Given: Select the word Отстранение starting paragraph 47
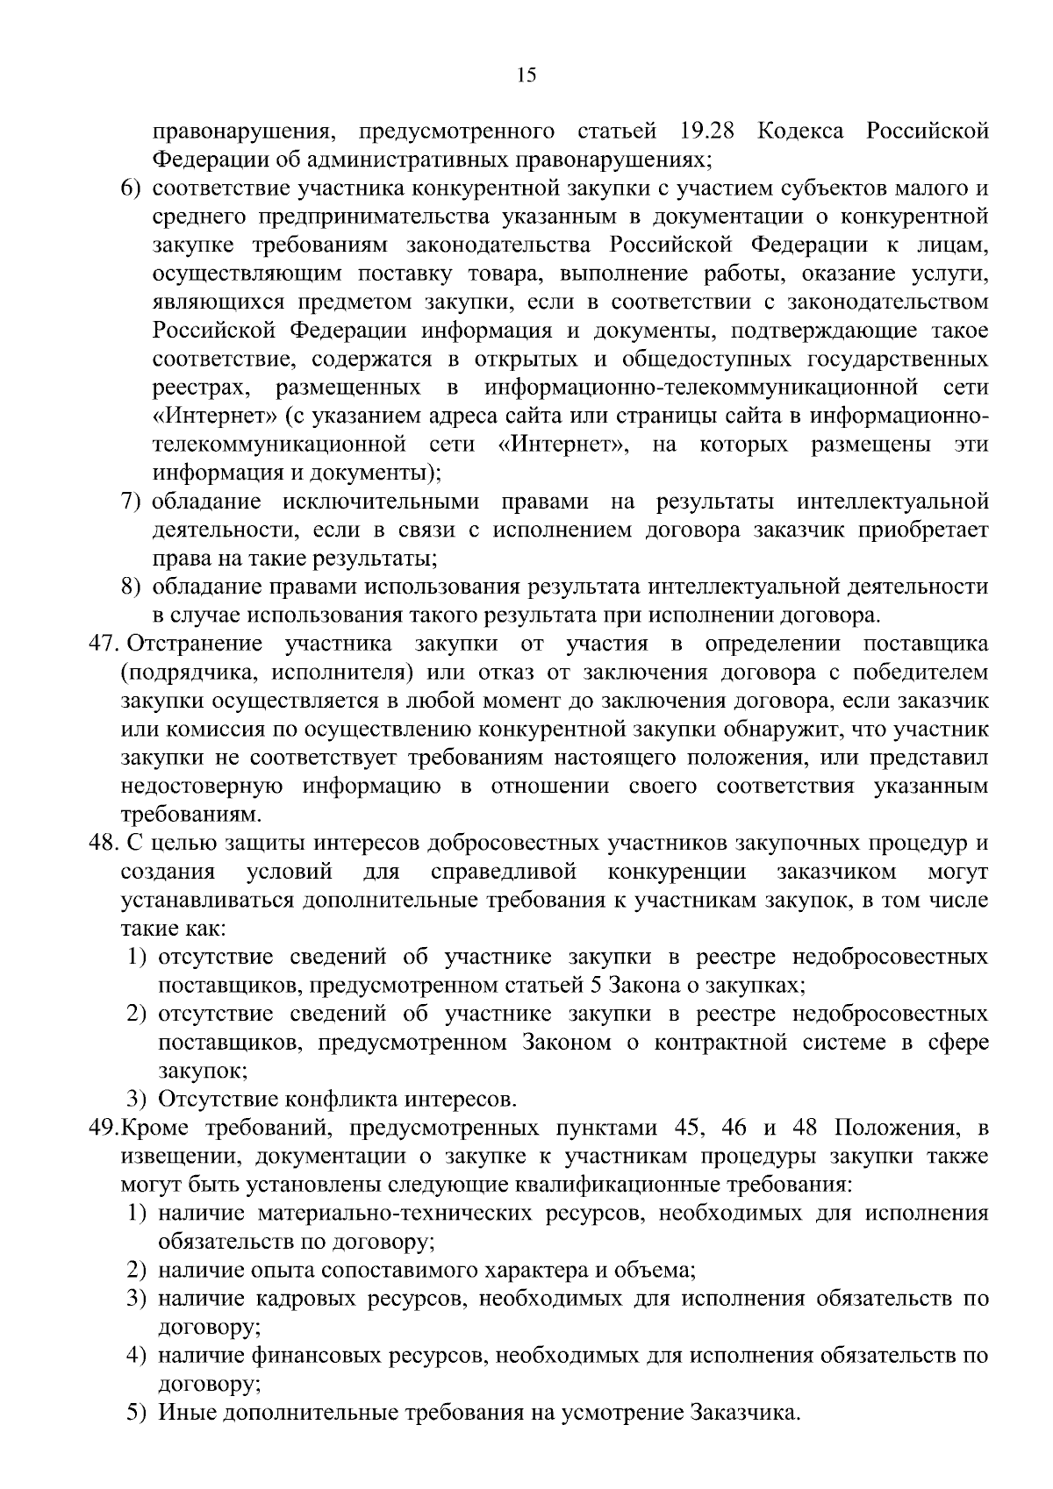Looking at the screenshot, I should click(x=196, y=645).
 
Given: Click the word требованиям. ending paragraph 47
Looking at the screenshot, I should click(x=190, y=816).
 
